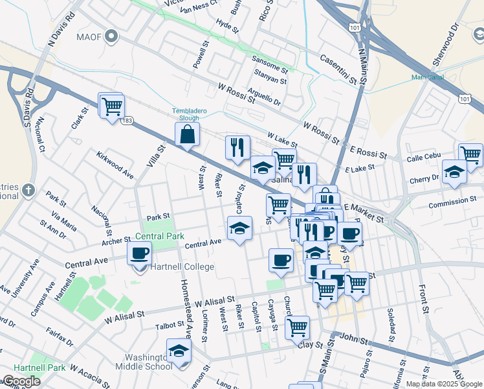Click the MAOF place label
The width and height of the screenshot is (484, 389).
(x=90, y=36)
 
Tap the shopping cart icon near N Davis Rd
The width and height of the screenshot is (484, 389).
(x=111, y=105)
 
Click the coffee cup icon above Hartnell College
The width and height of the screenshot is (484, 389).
(x=140, y=253)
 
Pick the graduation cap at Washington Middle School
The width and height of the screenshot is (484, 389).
(x=179, y=351)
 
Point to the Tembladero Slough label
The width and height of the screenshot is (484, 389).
(x=190, y=114)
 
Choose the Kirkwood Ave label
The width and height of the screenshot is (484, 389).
(x=115, y=166)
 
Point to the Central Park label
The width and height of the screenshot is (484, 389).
(x=160, y=236)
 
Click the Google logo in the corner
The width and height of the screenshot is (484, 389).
(x=21, y=381)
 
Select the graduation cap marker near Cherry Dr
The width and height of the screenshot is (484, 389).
(x=454, y=172)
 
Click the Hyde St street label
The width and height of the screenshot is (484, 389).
(x=227, y=25)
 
